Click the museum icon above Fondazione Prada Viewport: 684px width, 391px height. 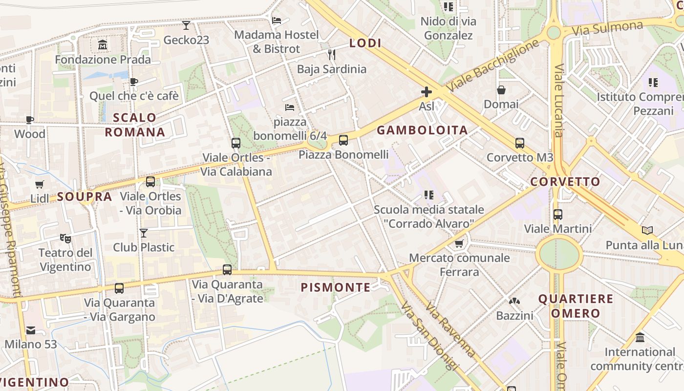(x=103, y=45)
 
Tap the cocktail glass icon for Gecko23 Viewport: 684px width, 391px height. (x=186, y=25)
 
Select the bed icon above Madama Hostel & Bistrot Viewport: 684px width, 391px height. (x=277, y=21)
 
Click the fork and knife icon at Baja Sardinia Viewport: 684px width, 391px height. (x=332, y=54)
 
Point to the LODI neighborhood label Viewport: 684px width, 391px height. (x=365, y=43)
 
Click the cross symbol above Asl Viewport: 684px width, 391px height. (x=427, y=91)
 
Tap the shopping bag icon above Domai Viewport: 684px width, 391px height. (x=501, y=90)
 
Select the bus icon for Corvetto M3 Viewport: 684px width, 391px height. (x=520, y=143)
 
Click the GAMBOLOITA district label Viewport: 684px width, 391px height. (x=422, y=130)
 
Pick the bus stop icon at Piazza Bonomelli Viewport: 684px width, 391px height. (x=343, y=140)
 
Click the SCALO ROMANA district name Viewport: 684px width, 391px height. (x=134, y=125)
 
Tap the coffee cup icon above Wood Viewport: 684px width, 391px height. (x=30, y=120)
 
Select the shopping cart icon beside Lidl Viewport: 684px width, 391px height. (x=40, y=184)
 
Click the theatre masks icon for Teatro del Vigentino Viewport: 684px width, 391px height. (x=65, y=238)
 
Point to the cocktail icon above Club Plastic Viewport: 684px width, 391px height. (x=144, y=233)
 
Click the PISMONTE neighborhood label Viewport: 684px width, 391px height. (x=336, y=287)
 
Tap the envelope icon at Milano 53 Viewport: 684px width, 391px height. (x=31, y=330)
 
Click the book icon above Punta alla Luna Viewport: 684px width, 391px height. (x=647, y=230)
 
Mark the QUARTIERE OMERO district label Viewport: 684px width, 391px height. (x=576, y=306)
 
